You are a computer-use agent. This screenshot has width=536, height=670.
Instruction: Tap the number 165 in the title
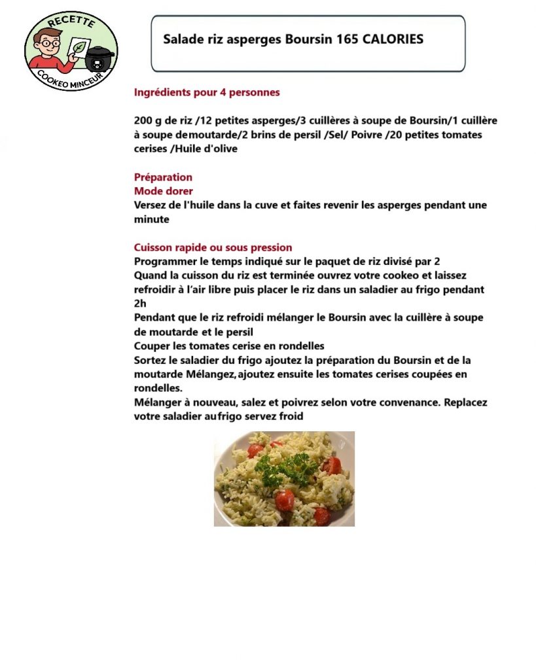tap(345, 39)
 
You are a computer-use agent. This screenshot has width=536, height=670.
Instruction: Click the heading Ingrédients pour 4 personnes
tap(207, 92)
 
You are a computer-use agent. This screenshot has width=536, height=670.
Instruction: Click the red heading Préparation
tap(163, 177)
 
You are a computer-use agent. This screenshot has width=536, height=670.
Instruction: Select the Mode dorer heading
tap(163, 191)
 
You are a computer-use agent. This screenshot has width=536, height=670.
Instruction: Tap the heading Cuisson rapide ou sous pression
tap(213, 247)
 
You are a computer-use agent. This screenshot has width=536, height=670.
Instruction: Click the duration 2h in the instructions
tap(140, 304)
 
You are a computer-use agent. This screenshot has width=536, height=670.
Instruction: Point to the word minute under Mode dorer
tap(151, 220)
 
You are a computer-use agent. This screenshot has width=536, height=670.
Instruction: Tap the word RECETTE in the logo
tap(71, 21)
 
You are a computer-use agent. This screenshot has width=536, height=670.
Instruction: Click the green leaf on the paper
tap(80, 48)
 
